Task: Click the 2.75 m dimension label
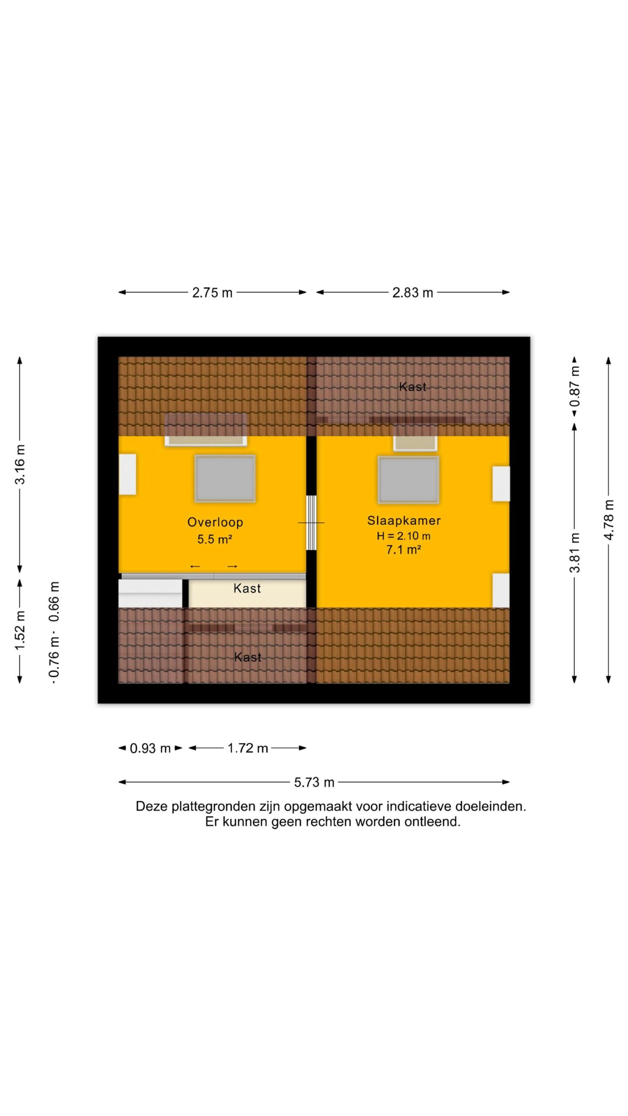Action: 212,293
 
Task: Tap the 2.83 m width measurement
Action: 413,293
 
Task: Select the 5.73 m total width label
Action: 314,782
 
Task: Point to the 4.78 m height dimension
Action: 609,520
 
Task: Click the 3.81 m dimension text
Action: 575,552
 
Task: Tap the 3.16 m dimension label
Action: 20,464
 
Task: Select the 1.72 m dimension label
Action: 248,748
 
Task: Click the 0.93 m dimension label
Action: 150,748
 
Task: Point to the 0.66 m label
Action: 54,602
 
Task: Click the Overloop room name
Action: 215,522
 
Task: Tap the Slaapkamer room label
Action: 404,521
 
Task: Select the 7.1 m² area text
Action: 403,550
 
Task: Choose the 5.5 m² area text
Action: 215,539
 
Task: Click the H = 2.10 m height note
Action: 404,536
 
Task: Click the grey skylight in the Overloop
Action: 225,479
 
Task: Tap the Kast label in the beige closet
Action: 247,589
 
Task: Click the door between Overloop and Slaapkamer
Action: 311,523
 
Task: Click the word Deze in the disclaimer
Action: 152,806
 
